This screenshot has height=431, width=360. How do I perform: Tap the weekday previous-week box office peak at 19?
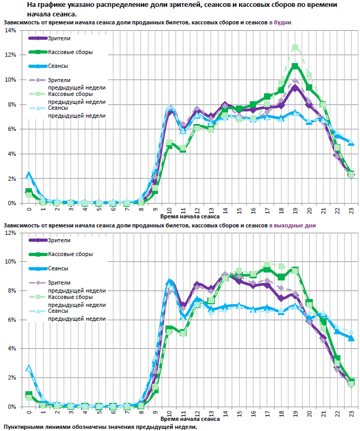coord(295,48)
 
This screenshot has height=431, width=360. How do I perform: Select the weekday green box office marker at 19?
coord(295,66)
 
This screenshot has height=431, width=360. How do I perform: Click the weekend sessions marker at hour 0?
coord(28,368)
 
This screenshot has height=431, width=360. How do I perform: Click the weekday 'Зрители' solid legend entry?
coord(59,38)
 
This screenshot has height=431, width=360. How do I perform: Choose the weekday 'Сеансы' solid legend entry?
coord(58,66)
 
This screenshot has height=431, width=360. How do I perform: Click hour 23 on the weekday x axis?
coord(350,210)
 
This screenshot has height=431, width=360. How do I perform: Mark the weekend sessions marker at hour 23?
coord(351,338)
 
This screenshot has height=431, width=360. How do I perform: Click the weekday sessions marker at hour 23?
coord(351,142)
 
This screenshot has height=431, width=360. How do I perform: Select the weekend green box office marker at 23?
coord(351,382)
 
